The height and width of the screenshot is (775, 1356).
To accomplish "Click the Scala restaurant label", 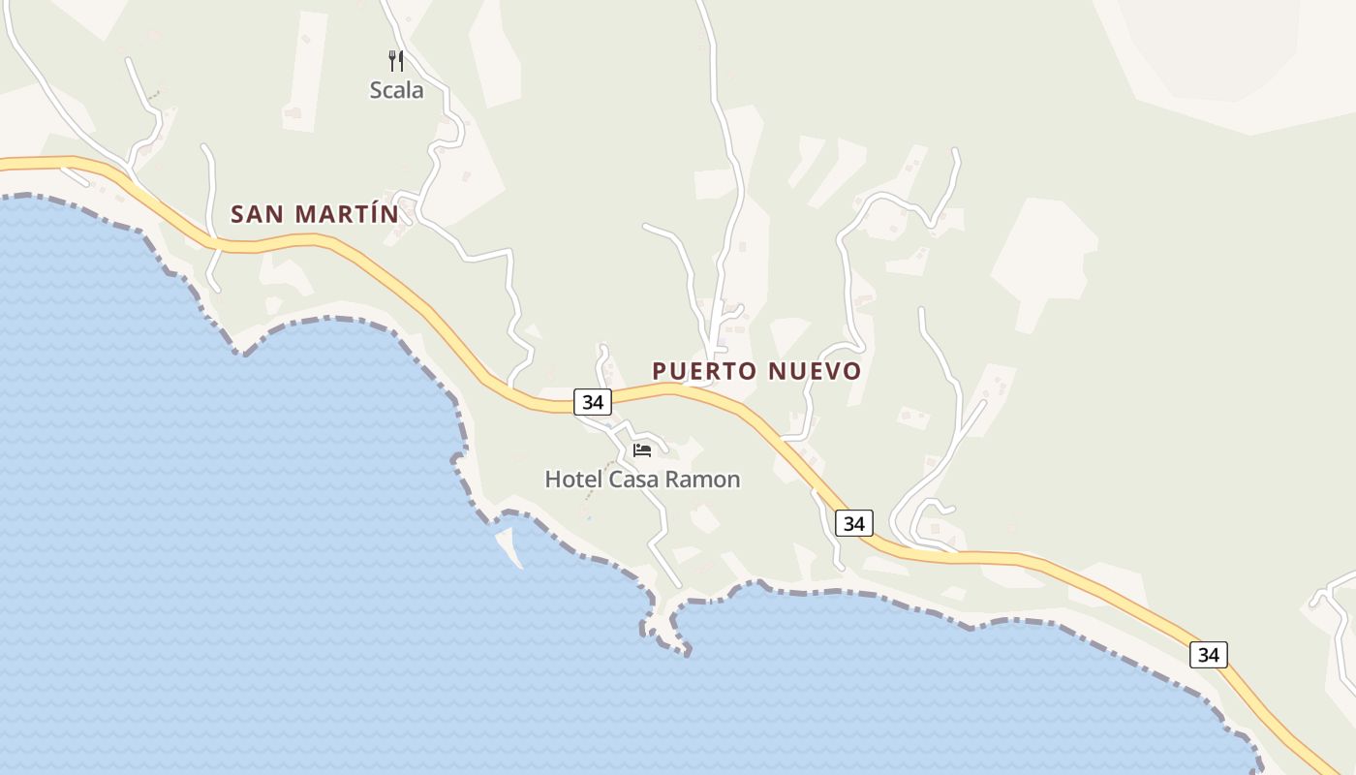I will tap(396, 90).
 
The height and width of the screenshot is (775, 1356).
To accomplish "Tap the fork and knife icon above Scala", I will tap(396, 61).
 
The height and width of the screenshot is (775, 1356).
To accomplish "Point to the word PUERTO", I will tap(704, 371).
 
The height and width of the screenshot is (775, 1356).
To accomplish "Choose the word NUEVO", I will tap(815, 371).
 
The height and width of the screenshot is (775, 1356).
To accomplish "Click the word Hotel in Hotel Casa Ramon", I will tap(569, 480).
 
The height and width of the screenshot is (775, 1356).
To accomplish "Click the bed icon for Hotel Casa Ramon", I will tap(642, 449).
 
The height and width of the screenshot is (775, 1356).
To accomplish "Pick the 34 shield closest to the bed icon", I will tap(593, 401).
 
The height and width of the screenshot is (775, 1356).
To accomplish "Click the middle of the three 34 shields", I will tap(853, 523).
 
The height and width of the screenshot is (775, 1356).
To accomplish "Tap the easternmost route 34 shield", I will tap(1208, 655).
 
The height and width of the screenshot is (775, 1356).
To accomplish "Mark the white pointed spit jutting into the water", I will tap(510, 545).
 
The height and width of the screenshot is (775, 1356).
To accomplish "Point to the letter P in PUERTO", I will tap(660, 371).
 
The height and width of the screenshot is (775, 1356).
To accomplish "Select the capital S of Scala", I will tap(377, 90).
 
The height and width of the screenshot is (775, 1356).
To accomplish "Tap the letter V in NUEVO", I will tap(829, 371).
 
